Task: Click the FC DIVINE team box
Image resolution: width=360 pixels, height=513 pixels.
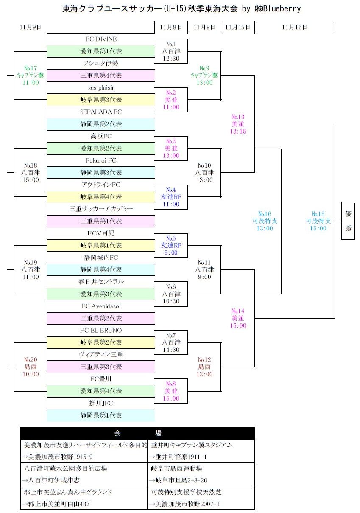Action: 101,39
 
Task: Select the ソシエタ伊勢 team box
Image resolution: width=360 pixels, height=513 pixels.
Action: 101,63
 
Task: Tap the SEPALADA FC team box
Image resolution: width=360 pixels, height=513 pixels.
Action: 101,112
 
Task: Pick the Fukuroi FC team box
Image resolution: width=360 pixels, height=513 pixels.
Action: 101,160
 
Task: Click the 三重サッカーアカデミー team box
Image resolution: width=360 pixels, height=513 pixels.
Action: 101,209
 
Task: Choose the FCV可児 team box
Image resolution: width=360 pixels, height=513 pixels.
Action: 101,233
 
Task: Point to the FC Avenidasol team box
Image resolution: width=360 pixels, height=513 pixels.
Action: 101,306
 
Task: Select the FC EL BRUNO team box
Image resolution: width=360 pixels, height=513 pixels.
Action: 101,330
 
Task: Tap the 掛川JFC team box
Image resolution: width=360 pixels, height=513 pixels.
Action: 101,403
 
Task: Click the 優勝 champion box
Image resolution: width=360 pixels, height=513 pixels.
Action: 348,221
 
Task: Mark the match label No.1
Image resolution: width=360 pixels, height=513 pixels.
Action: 171,44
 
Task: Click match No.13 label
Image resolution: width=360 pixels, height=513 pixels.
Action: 238,117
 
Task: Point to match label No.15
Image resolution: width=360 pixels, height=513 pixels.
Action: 318,214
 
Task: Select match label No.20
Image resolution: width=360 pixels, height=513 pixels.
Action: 31,360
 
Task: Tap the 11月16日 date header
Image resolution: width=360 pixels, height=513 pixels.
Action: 294,27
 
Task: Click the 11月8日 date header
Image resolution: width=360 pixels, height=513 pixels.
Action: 171,27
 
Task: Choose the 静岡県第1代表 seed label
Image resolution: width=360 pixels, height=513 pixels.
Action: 101,415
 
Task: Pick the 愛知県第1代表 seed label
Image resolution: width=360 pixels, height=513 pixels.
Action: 101,51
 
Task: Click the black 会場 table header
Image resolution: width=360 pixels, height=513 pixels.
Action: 137,433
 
